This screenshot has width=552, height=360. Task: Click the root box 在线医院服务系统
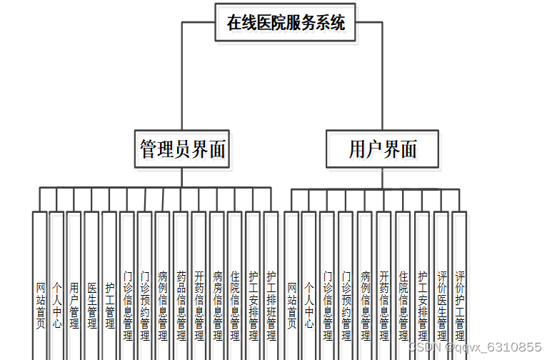tap(286, 23)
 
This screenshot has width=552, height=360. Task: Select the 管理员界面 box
tap(182, 149)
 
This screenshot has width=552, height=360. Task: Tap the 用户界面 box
tap(382, 149)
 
